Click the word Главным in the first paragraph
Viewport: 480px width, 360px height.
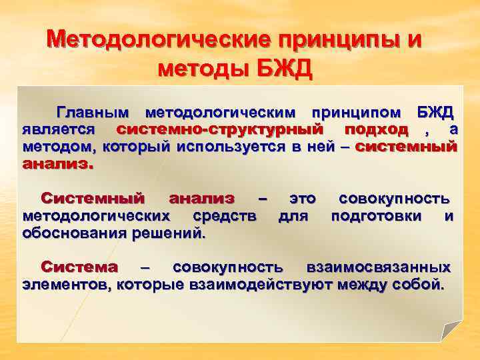click(x=94, y=111)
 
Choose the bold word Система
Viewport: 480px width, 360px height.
click(x=79, y=268)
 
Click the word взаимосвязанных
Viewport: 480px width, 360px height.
click(x=378, y=268)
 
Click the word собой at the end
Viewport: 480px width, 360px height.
click(x=420, y=285)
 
